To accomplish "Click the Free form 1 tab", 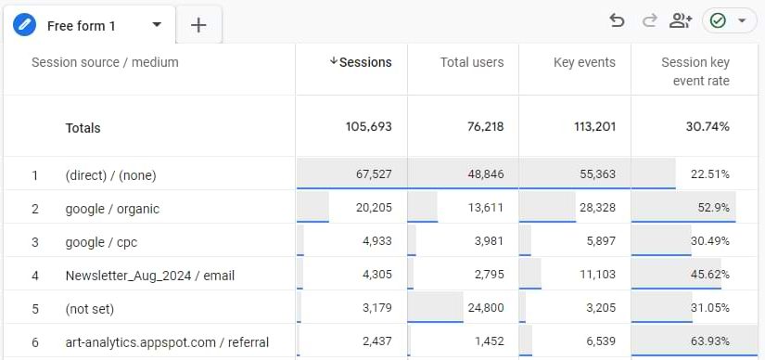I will [x=82, y=25].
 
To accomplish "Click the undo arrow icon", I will [x=617, y=21].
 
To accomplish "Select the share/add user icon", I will [x=681, y=21].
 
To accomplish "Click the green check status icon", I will [x=717, y=21].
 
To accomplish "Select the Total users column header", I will [x=472, y=62].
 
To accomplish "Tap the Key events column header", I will [x=584, y=62].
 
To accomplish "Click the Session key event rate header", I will [x=695, y=71].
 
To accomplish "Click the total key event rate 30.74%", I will [x=708, y=126].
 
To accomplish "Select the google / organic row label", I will [x=112, y=209].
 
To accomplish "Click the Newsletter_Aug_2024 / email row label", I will [x=149, y=275].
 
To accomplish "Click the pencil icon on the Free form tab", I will [x=24, y=25].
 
